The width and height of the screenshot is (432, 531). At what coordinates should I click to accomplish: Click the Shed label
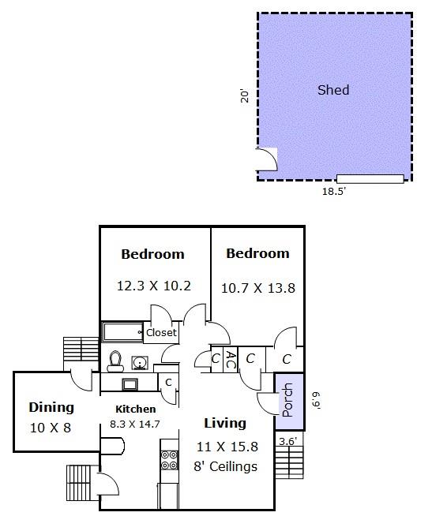pos(333,90)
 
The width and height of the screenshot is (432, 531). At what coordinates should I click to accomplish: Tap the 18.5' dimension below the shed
pos(333,192)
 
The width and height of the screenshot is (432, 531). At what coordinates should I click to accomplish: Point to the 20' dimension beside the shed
pos(245,95)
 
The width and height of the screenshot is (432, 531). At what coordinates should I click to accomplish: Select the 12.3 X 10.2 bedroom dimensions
pos(154,286)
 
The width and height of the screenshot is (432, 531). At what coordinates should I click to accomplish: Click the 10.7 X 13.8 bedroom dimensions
pos(258,288)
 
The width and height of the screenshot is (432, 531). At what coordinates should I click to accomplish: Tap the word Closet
pos(161,332)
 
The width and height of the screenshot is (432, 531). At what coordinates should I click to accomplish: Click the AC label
pos(231,360)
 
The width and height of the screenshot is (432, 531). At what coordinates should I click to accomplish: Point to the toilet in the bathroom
pos(115,361)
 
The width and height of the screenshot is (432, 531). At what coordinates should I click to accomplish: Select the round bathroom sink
pos(140,363)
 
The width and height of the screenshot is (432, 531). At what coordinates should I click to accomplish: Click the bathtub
pos(122,332)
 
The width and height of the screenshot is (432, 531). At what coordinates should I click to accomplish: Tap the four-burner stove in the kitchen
pos(169,460)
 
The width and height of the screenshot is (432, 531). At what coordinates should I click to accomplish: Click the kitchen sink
pos(130,384)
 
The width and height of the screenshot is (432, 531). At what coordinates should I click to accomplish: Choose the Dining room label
pos(51,407)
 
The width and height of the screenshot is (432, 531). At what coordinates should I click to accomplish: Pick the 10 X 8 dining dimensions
pos(51,428)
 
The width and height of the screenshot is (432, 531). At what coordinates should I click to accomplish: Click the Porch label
pos(287,400)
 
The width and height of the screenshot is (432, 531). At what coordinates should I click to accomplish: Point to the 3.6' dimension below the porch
pos(288,441)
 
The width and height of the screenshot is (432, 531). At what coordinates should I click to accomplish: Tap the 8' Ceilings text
pos(226,466)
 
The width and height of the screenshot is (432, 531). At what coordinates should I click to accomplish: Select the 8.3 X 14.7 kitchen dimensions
pos(135,424)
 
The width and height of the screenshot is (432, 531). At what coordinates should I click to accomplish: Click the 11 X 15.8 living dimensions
pos(227,447)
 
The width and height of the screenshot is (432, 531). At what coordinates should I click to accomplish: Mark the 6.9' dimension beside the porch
pos(316,401)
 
